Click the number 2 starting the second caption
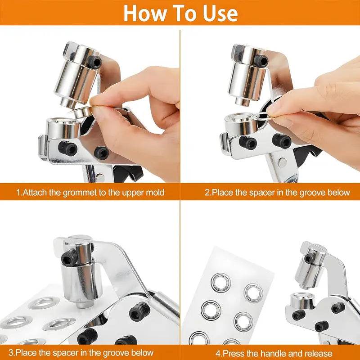point(207,193)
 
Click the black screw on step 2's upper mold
point(260,59)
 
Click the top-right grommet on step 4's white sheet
point(253,292)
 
